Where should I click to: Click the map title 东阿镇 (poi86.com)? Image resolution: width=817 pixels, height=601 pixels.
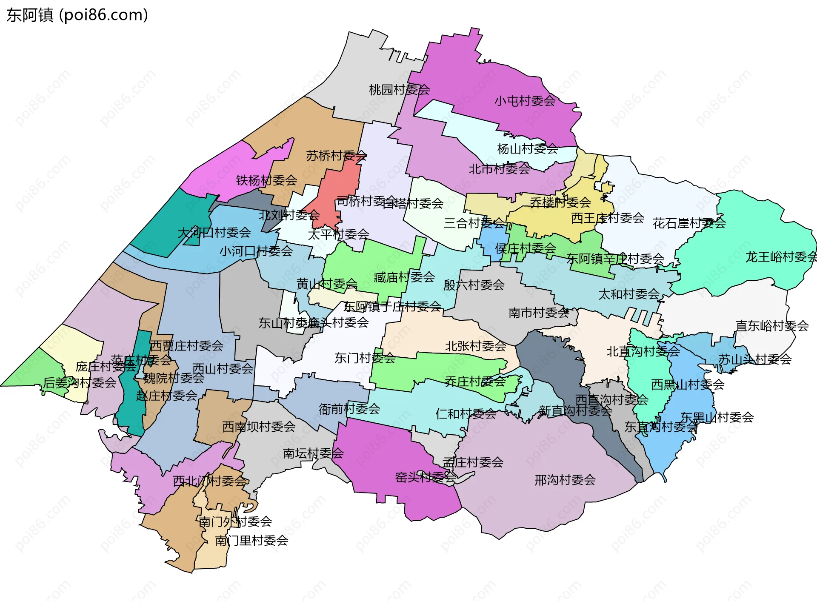pyautogui.click(x=77, y=15)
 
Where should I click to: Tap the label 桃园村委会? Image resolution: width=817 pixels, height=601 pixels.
pyautogui.click(x=399, y=90)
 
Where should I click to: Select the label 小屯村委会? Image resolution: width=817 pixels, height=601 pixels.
pyautogui.click(x=525, y=101)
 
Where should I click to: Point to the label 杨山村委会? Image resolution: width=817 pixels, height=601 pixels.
pyautogui.click(x=527, y=149)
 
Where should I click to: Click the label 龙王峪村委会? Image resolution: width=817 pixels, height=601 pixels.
pyautogui.click(x=780, y=257)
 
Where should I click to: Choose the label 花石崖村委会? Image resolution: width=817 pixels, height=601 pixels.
pyautogui.click(x=689, y=223)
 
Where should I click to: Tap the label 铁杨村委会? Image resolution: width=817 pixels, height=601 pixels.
pyautogui.click(x=266, y=180)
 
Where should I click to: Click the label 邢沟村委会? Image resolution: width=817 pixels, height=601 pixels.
pyautogui.click(x=565, y=480)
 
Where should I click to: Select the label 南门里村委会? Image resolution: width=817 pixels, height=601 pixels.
pyautogui.click(x=251, y=541)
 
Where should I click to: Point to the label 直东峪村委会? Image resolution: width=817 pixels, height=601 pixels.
pyautogui.click(x=772, y=326)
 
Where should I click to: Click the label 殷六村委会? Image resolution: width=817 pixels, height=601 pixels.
pyautogui.click(x=474, y=285)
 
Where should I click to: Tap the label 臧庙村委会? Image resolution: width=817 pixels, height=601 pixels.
pyautogui.click(x=404, y=277)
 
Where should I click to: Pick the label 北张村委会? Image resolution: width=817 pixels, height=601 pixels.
pyautogui.click(x=475, y=346)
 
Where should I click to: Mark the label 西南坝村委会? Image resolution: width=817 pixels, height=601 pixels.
pyautogui.click(x=259, y=427)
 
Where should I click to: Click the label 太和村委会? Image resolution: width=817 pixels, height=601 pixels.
pyautogui.click(x=628, y=294)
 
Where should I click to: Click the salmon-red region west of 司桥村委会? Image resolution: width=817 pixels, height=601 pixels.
pyautogui.click(x=338, y=191)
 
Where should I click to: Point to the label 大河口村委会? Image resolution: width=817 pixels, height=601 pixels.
pyautogui.click(x=214, y=233)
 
